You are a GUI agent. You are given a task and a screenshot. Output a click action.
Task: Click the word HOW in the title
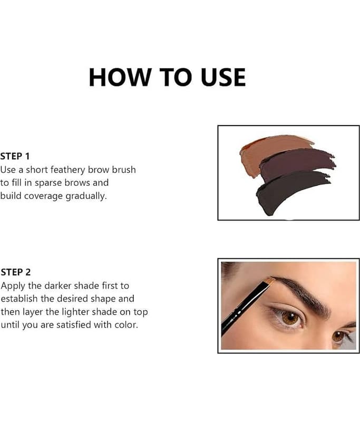click(x=120, y=77)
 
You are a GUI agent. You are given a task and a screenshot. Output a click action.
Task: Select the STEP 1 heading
click(x=15, y=156)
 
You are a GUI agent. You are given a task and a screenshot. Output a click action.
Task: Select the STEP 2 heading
click(x=16, y=272)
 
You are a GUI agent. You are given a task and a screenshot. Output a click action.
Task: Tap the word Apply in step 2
click(x=13, y=286)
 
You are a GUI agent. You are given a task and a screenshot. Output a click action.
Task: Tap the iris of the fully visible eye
click(x=290, y=319)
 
